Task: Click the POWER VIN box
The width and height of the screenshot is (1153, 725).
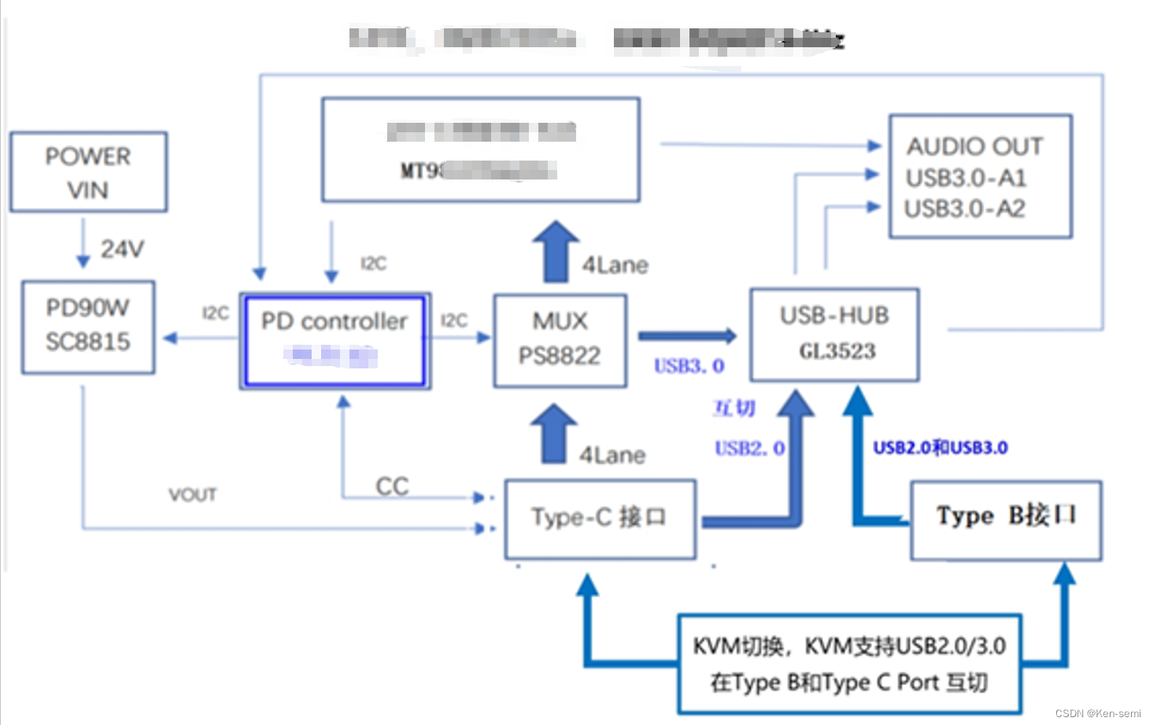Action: pyautogui.click(x=88, y=172)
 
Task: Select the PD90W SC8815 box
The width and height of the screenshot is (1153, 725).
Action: pyautogui.click(x=88, y=327)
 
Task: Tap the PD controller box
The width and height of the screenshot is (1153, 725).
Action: pyautogui.click(x=334, y=341)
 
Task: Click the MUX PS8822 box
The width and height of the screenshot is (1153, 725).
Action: pyautogui.click(x=560, y=340)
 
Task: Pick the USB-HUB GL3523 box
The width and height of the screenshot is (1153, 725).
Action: pyautogui.click(x=834, y=335)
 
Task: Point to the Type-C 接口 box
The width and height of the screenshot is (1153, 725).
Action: pyautogui.click(x=600, y=519)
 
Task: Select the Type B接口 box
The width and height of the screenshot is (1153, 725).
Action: pyautogui.click(x=1006, y=520)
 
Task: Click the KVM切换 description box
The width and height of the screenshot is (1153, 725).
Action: pyautogui.click(x=849, y=664)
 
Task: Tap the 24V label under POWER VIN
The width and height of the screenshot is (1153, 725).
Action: pyautogui.click(x=122, y=250)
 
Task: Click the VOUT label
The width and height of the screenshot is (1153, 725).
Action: pyautogui.click(x=192, y=495)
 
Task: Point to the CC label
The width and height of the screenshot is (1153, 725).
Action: pyautogui.click(x=392, y=486)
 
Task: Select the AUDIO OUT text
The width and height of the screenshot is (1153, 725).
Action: pyautogui.click(x=974, y=146)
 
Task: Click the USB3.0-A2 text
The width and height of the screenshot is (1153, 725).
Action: pyautogui.click(x=965, y=209)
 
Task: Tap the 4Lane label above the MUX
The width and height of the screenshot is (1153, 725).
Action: pyautogui.click(x=615, y=265)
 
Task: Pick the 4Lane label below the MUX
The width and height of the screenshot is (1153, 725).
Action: pyautogui.click(x=612, y=455)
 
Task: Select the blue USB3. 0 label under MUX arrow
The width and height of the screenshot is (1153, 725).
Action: pyautogui.click(x=689, y=366)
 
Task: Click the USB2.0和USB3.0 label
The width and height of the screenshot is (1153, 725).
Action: pyautogui.click(x=940, y=448)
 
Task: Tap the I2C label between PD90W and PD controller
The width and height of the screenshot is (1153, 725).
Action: pyautogui.click(x=215, y=313)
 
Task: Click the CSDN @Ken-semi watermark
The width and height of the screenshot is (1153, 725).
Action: pyautogui.click(x=1097, y=713)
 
